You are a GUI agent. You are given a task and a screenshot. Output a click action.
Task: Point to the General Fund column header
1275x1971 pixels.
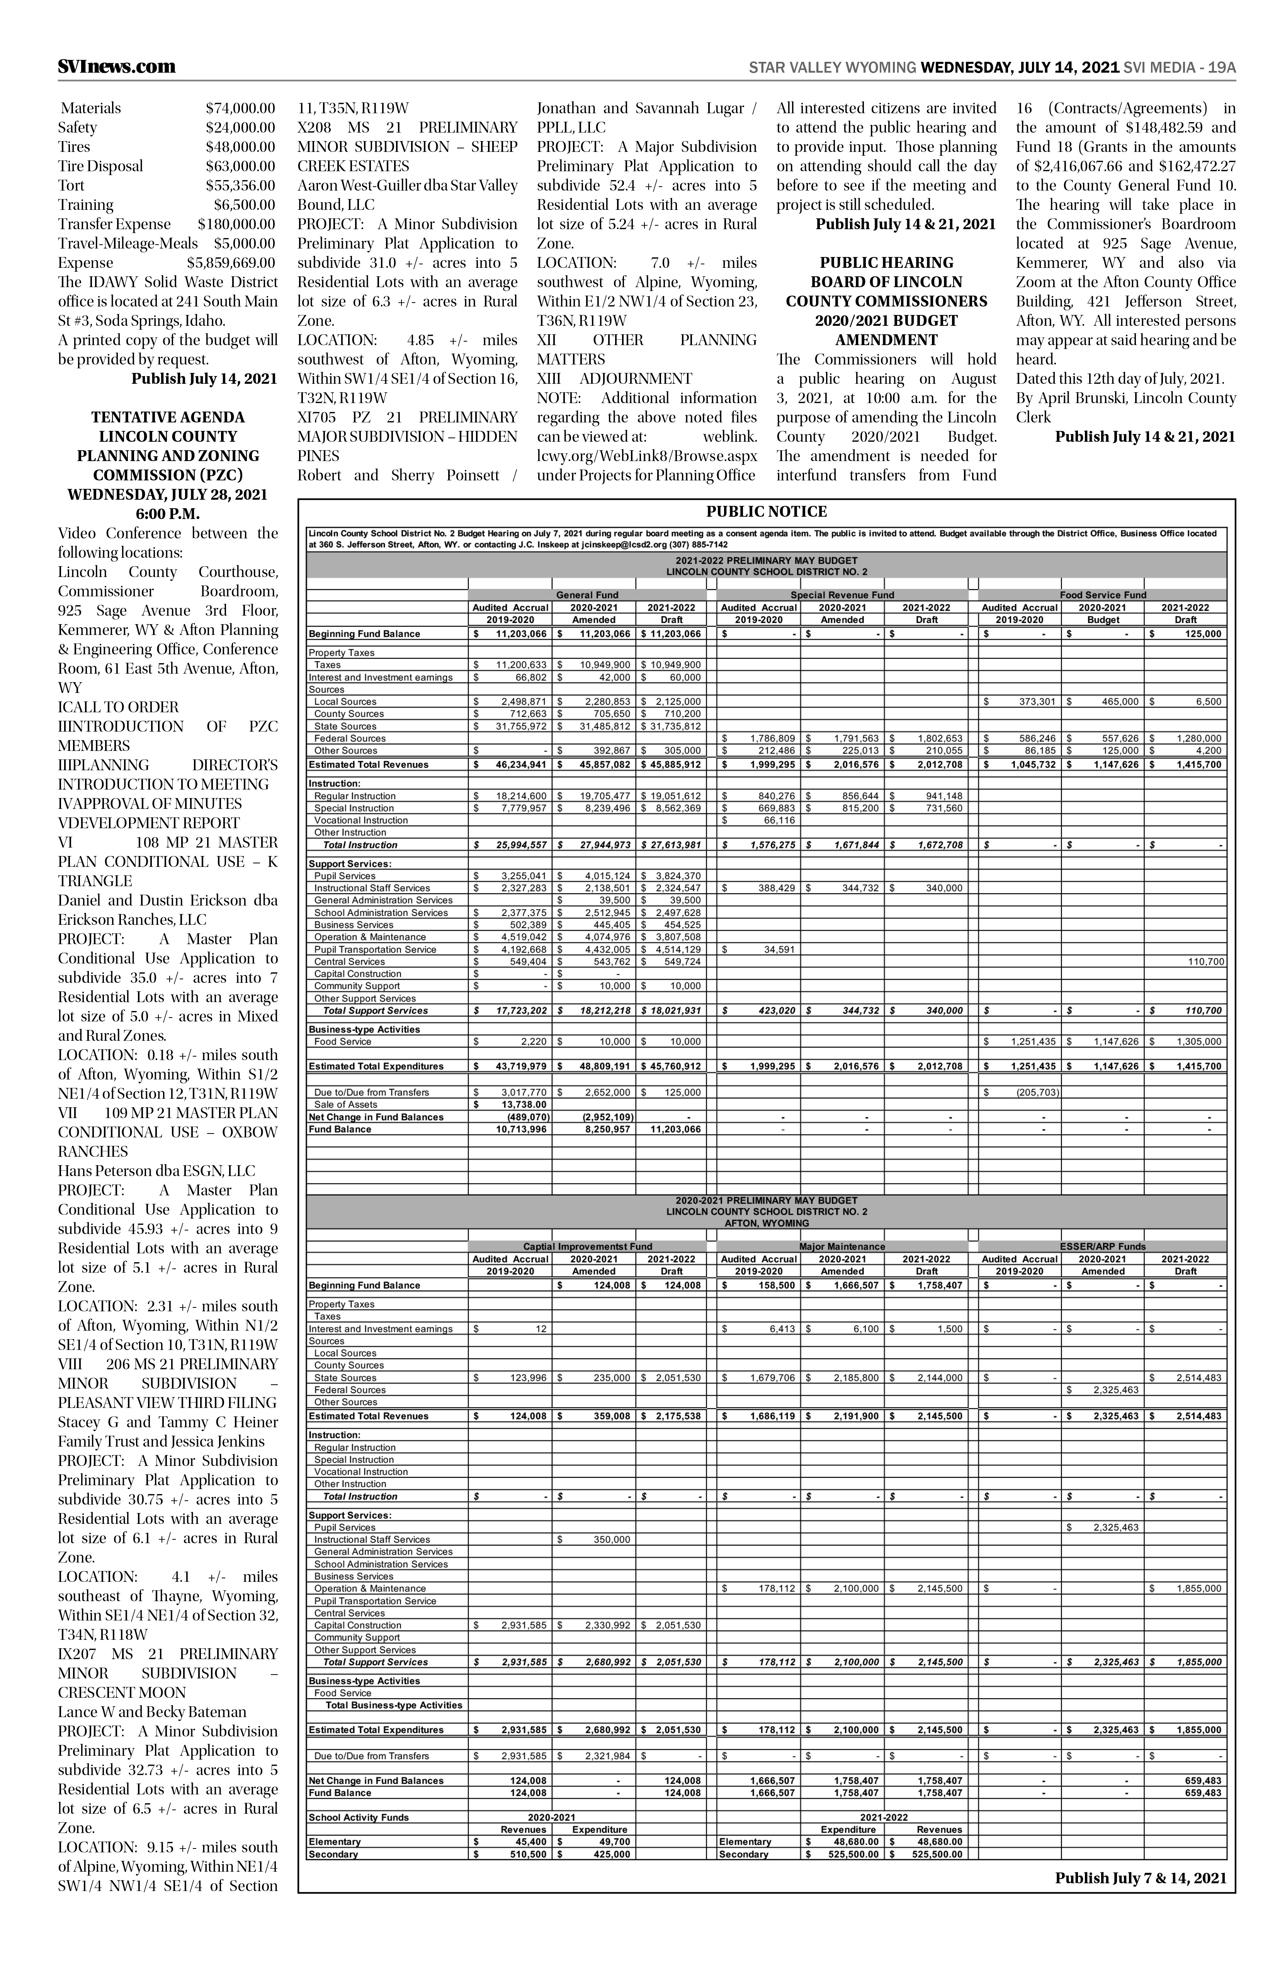coord(587,595)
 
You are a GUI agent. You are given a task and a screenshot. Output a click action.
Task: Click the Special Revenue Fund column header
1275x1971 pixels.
coord(842,595)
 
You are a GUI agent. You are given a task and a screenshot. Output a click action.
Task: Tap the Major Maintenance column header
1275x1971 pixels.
coord(842,1246)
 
